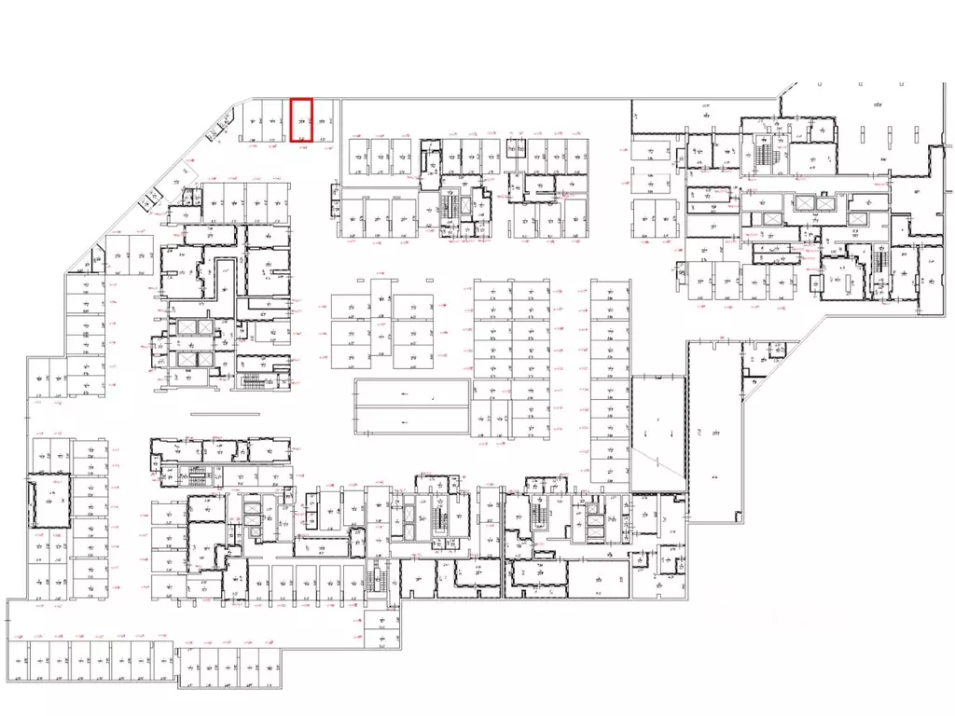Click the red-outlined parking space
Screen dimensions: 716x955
301,120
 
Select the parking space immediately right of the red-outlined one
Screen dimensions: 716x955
322,121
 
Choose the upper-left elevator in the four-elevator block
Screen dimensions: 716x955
183,327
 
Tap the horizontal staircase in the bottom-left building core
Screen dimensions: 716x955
195,470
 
